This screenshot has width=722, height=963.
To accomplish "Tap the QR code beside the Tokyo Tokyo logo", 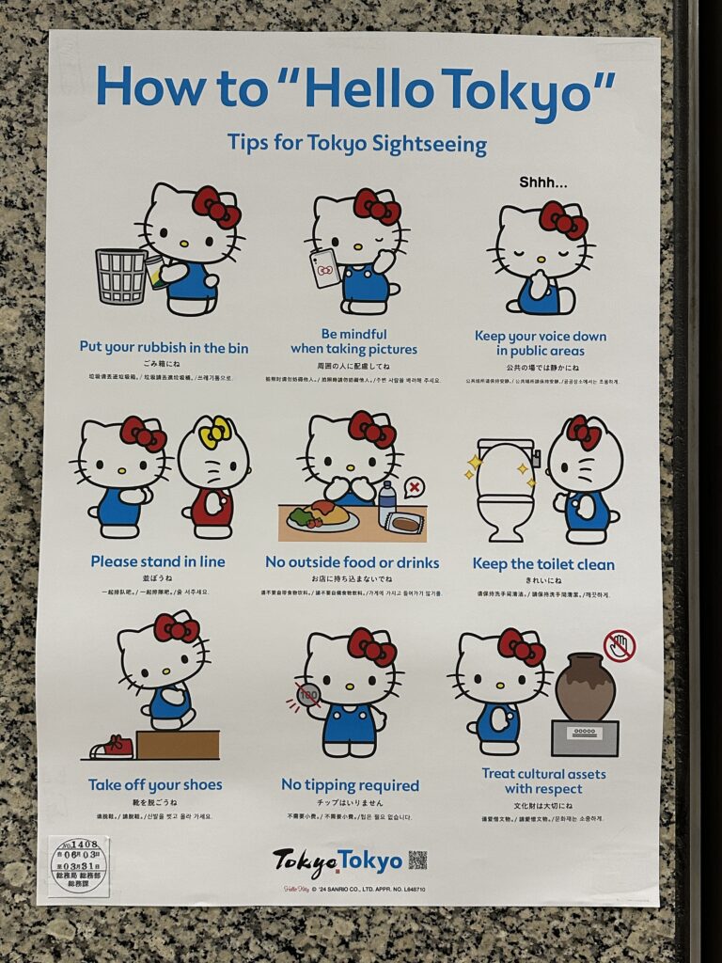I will [x=417, y=860].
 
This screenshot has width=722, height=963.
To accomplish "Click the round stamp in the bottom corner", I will [x=78, y=864].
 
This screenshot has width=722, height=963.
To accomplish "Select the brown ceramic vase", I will [x=585, y=687].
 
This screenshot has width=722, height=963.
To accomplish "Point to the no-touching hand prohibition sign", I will [x=620, y=646].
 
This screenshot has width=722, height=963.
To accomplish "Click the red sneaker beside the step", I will [x=113, y=748].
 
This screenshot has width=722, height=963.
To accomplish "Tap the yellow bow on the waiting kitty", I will [x=214, y=431].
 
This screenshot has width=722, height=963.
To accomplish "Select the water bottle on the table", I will [x=387, y=503].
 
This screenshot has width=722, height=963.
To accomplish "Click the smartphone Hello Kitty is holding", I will [x=325, y=266].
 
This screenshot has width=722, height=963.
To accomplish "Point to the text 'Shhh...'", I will [x=543, y=182].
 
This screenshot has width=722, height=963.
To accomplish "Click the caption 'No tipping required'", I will [x=350, y=785].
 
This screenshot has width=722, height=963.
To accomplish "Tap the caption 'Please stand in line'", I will [x=158, y=561].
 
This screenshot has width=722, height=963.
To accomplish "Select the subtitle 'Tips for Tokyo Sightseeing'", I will [x=357, y=144].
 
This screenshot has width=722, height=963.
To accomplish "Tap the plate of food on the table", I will [x=323, y=516].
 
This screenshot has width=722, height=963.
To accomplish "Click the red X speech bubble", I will [x=413, y=487].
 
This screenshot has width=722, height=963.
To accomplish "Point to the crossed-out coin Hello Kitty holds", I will [x=308, y=695].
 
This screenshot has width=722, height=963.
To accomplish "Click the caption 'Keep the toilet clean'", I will [x=543, y=564].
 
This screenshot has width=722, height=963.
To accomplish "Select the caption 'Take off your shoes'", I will [x=155, y=784].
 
